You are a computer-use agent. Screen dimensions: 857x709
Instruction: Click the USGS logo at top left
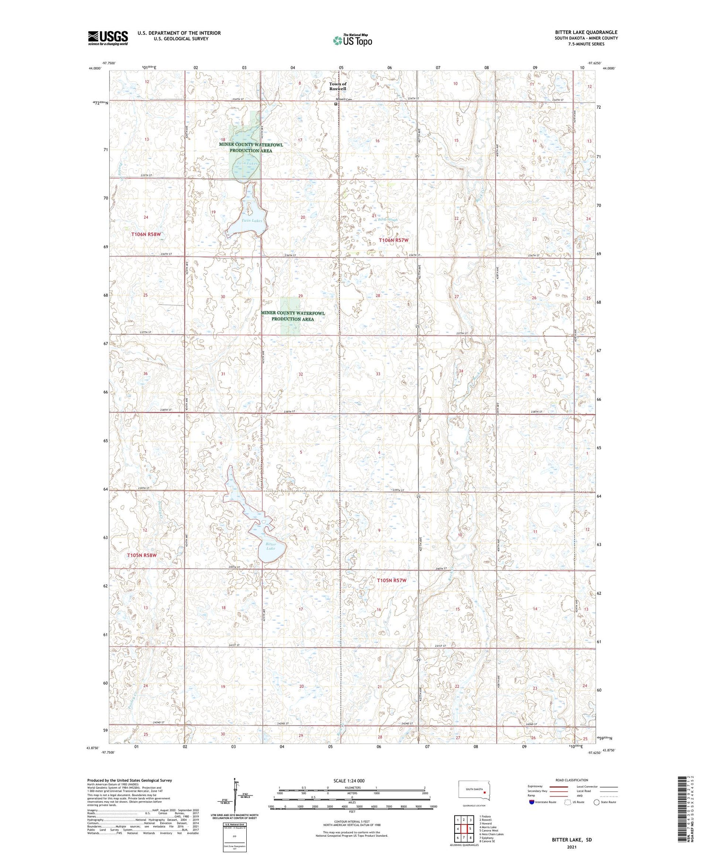[x=108, y=38]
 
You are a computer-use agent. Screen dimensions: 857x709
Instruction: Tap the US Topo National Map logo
[x=352, y=40]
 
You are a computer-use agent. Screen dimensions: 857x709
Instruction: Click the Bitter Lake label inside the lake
[x=270, y=546]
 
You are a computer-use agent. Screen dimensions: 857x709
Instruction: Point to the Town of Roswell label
[x=338, y=86]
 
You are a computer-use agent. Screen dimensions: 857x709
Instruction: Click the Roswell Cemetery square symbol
[x=336, y=104]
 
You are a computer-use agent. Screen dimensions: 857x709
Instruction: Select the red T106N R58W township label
[x=146, y=234]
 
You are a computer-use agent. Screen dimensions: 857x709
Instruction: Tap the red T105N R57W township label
[x=391, y=580]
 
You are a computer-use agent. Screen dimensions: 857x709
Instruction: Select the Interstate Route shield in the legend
[x=531, y=802]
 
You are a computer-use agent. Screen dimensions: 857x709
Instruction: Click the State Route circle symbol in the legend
[x=597, y=802]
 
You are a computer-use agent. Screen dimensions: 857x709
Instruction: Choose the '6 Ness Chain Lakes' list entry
[x=491, y=834]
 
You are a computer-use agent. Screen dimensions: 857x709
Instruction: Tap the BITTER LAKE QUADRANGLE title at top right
[x=586, y=32]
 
